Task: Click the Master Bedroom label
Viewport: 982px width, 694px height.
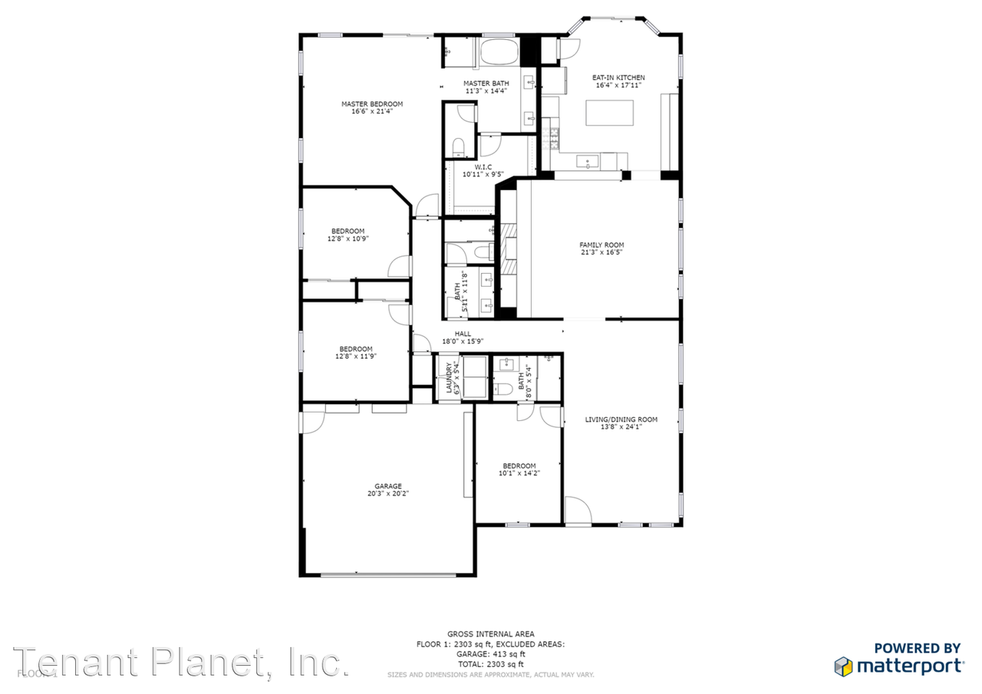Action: [372, 104]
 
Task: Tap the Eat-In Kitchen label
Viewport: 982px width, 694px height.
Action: [618, 77]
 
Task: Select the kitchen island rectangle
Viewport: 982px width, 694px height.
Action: [611, 113]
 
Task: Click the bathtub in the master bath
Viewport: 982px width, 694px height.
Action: [499, 53]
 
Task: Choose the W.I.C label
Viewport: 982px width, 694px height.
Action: [483, 166]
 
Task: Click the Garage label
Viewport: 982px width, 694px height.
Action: [387, 485]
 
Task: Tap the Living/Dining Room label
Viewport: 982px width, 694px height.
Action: [621, 419]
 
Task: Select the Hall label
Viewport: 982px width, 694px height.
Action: [463, 334]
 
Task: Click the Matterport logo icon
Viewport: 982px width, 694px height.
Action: [843, 666]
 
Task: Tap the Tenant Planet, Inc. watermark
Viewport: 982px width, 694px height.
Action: [180, 662]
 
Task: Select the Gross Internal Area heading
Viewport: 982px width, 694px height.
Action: [490, 634]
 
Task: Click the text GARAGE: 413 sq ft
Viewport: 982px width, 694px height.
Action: [490, 654]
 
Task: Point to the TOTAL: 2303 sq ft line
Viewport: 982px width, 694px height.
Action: [490, 664]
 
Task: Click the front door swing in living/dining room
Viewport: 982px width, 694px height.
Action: [576, 511]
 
